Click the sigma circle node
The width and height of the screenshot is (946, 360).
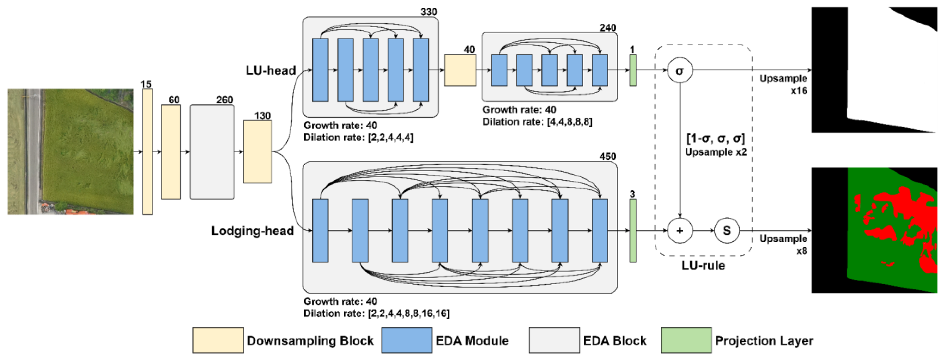(x=680, y=70)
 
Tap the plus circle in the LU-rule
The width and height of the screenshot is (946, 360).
(x=680, y=231)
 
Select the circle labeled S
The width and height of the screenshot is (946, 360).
(x=727, y=231)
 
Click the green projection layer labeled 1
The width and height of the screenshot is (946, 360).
(x=632, y=70)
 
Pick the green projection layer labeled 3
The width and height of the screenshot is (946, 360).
(x=632, y=231)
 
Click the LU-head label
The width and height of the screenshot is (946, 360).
(x=271, y=70)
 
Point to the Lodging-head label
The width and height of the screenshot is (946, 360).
(x=252, y=231)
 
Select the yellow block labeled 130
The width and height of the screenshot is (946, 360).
(x=258, y=152)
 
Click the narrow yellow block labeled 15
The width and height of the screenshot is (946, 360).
(x=147, y=152)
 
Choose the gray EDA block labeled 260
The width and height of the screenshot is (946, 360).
(x=212, y=152)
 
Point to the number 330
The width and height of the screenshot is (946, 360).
(x=429, y=12)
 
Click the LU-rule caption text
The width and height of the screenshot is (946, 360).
(x=703, y=265)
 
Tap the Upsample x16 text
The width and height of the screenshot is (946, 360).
(x=783, y=84)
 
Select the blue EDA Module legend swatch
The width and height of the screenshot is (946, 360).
(x=407, y=340)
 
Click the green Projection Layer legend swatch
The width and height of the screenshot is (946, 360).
(x=686, y=340)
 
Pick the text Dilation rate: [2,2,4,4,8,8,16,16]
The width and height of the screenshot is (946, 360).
(x=377, y=313)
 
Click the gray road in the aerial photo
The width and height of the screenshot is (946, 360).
(x=33, y=152)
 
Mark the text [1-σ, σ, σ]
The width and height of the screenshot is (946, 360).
(x=716, y=139)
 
